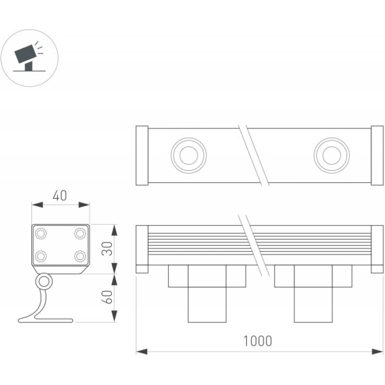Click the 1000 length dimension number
[257, 341]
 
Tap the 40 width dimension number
[60, 196]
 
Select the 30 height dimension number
[107, 249]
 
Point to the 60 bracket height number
[107, 297]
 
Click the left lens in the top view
[189, 155]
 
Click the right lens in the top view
[332, 155]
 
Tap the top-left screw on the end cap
[41, 233]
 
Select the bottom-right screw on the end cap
[80, 257]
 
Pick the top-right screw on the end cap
[80, 233]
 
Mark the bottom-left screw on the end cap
[41, 257]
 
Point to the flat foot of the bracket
[46, 321]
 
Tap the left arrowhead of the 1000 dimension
[141, 352]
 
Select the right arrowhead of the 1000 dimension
[377, 352]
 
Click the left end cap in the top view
[142, 155]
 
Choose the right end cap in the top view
[377, 155]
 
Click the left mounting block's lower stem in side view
[207, 305]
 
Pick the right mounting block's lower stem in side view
[313, 305]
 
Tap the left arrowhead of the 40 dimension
[38, 205]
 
